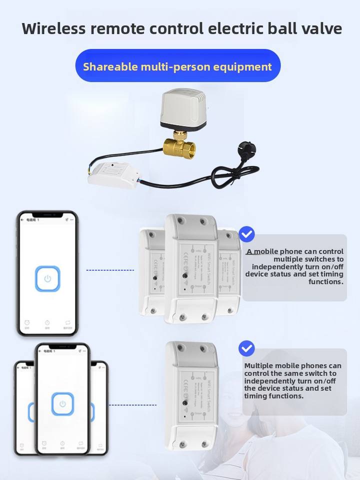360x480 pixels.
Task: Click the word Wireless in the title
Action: [53, 28]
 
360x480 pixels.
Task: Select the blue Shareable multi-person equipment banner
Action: [177, 66]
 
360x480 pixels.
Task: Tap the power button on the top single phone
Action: [47, 278]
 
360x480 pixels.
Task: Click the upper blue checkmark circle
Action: [246, 233]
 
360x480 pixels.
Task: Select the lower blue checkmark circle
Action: [246, 348]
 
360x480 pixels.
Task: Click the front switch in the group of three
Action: [191, 268]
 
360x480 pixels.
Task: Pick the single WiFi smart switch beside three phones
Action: [191, 395]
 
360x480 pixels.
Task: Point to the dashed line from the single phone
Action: [110, 270]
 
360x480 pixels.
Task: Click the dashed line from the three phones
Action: [132, 405]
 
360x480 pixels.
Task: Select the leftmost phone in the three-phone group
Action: [24, 407]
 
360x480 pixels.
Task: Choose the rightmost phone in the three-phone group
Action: [99, 407]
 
